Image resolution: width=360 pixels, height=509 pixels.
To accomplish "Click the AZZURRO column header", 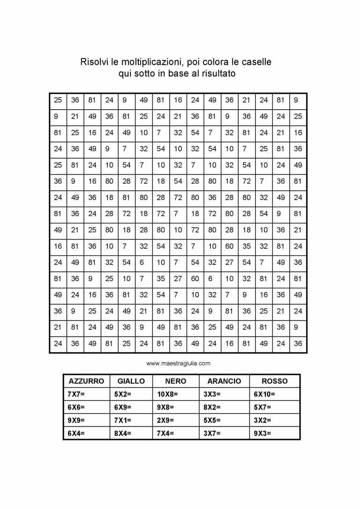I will point(86,381).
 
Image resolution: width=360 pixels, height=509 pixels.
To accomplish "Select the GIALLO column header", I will point(131,381).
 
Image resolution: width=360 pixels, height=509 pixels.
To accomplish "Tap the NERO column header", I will point(176,381).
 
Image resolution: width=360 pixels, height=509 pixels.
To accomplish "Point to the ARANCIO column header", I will point(224,381).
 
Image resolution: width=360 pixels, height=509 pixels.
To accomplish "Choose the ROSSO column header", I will point(274,381).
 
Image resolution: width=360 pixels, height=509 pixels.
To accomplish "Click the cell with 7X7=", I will point(76,394).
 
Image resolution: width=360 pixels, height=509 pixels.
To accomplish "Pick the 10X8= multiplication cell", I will point(167,394).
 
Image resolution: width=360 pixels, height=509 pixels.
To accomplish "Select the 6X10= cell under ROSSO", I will point(264,394).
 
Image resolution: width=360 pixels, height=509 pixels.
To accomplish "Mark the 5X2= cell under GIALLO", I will point(123,394).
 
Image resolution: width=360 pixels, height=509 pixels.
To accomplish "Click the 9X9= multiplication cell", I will point(76,420).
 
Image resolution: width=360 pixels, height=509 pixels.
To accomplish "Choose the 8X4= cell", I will point(123,434).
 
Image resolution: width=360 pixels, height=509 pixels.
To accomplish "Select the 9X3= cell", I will point(262,434).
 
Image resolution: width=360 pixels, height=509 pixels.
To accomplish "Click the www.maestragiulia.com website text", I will point(178,363).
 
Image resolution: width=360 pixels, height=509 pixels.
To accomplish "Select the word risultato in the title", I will point(218,74).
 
